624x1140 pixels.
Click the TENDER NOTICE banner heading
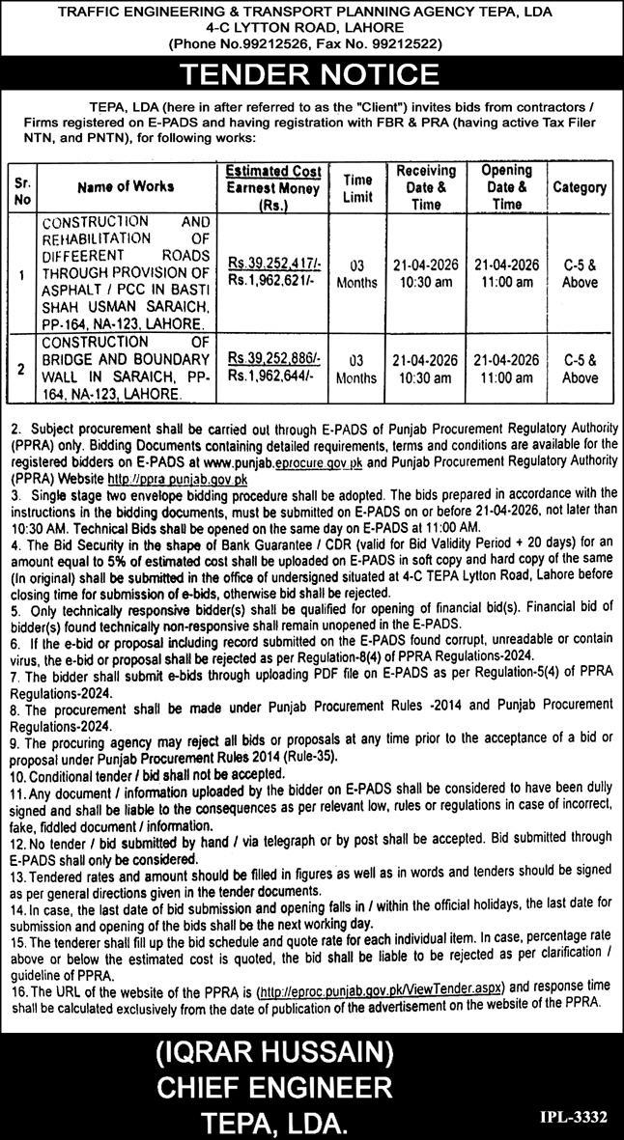311,74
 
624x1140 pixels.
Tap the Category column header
580,187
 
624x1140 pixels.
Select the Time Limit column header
357,187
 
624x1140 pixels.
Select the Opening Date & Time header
506,187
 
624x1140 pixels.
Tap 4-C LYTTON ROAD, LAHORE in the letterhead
311,28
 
